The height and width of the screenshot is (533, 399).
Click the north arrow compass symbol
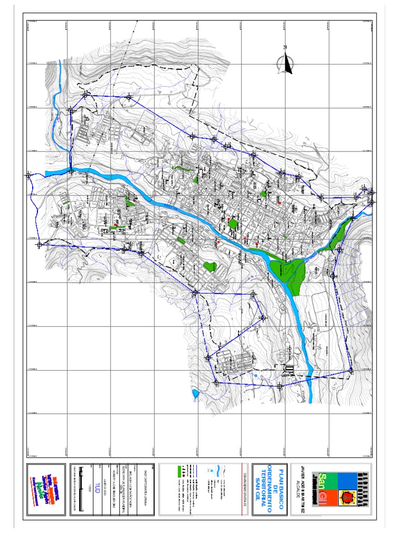coord(285,61)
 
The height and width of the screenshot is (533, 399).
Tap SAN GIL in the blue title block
coord(256,490)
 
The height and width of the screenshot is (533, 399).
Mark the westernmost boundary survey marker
coord(29,175)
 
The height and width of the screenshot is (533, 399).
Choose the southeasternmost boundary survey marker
coord(351,371)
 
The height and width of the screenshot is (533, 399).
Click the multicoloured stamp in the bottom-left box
coord(47,490)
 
